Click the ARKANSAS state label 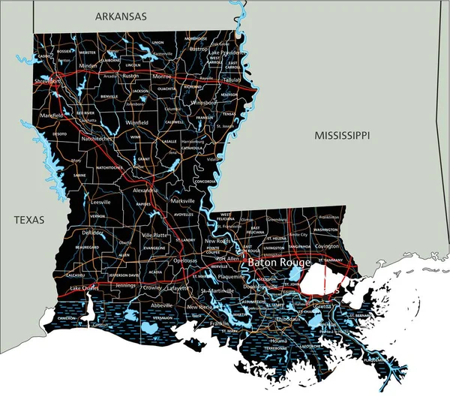click(x=121, y=16)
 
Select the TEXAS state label click(x=28, y=220)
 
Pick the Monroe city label click(x=161, y=76)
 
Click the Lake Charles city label click(x=84, y=288)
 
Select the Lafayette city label click(x=178, y=287)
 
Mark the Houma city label click(x=279, y=340)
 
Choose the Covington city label click(x=327, y=245)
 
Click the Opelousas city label click(x=185, y=260)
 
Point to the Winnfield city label click(x=136, y=122)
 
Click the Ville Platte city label click(x=156, y=235)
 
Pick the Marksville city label click(x=182, y=201)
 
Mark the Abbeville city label click(x=160, y=305)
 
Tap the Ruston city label click(x=130, y=76)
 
